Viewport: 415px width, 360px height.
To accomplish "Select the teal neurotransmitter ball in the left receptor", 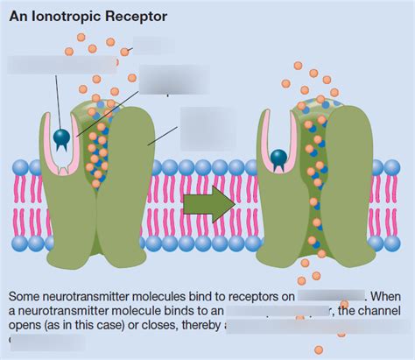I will pos(62,137).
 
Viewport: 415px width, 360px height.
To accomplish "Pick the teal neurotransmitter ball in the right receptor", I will pos(278,158).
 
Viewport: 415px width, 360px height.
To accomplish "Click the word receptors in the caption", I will pos(250,296).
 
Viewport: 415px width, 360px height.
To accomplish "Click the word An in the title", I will pos(17,16).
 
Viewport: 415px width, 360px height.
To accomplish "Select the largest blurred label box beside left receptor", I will pos(208,128).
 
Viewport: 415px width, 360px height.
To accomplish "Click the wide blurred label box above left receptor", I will pos(61,64).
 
